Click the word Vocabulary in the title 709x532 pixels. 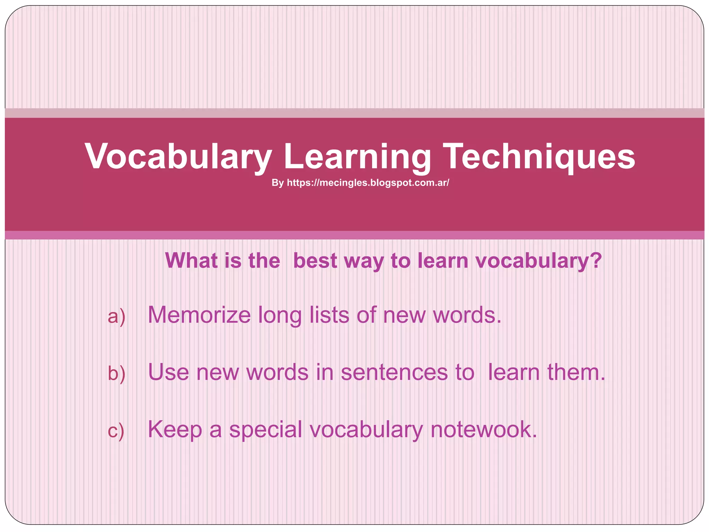pos(178,157)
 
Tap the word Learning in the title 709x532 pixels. pos(358,157)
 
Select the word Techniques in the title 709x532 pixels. pos(539,157)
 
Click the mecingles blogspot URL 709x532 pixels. pos(368,183)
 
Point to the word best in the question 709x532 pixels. pos(315,260)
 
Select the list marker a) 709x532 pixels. pos(117,316)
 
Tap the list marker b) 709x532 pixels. pos(117,373)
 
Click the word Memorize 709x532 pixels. pos(199,315)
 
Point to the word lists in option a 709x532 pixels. pos(329,315)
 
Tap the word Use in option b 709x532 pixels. pos(169,372)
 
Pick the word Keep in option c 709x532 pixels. pos(175,429)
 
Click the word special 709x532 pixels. pos(266,429)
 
